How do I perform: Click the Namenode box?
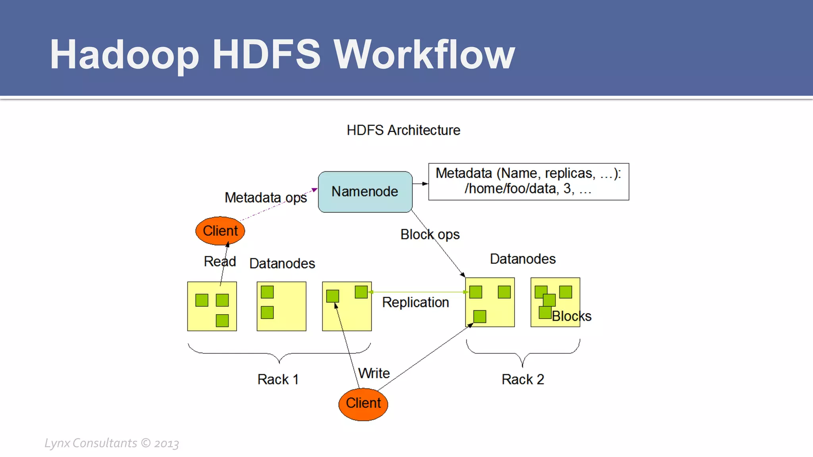point(365,192)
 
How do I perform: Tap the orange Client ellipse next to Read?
point(220,231)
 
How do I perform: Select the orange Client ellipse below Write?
point(363,403)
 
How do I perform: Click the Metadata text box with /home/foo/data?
point(528,181)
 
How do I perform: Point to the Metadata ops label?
point(266,198)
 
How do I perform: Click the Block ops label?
point(430,234)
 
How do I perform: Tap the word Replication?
point(415,302)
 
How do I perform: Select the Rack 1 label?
point(278,379)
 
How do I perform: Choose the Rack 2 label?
point(522,379)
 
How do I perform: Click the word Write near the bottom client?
point(374,373)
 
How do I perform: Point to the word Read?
point(220,261)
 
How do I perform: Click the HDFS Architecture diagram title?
point(403,130)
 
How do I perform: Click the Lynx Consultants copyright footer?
point(112,443)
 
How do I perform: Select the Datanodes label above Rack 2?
point(522,259)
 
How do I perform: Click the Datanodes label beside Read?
point(282,263)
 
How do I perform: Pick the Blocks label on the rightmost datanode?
point(571,316)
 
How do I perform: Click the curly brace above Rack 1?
point(279,353)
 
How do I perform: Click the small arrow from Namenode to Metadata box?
point(420,184)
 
